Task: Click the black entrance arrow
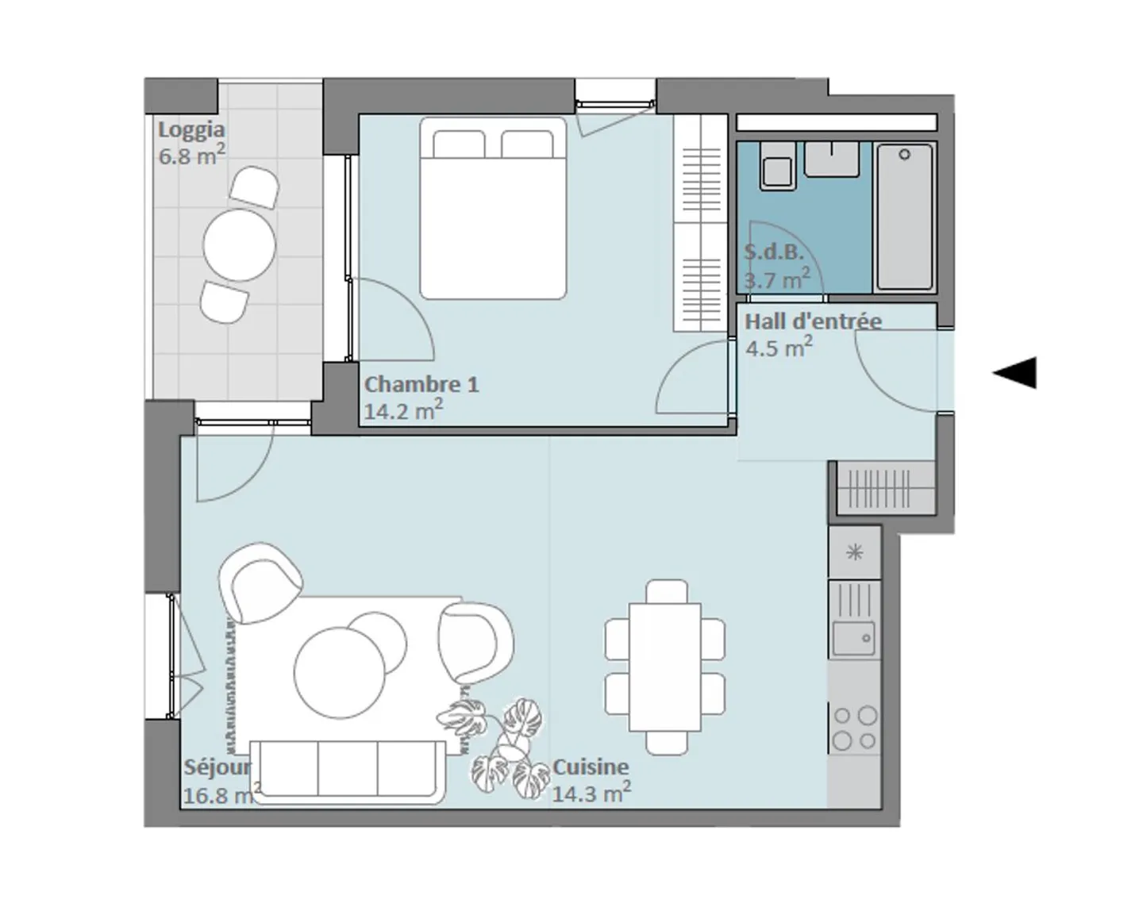point(1014,373)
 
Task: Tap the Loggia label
point(191,129)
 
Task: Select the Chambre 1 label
point(421,385)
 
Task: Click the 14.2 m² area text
point(404,410)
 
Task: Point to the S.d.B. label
point(774,252)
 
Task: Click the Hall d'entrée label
point(813,321)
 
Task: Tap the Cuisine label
point(591,767)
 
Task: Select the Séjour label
point(217,767)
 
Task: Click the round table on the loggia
point(240,245)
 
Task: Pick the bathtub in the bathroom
point(905,217)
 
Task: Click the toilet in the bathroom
point(778,166)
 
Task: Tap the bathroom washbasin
point(832,159)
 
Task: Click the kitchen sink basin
point(854,638)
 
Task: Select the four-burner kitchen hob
point(855,727)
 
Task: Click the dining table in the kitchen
point(665,667)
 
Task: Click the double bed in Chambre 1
point(494,208)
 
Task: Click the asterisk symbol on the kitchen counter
point(855,553)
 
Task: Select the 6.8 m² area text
point(192,155)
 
